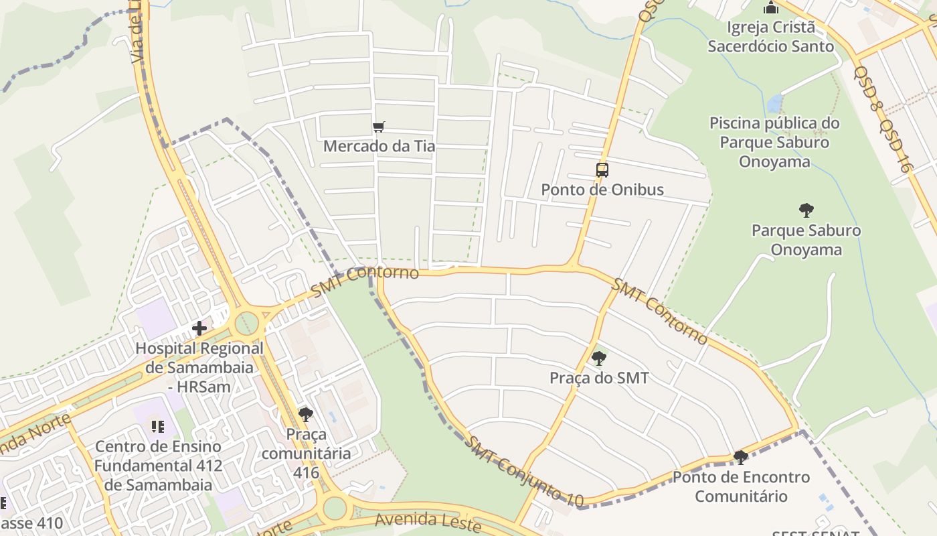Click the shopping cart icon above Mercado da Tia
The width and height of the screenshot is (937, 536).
pyautogui.click(x=379, y=127)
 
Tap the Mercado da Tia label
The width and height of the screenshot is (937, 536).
pyautogui.click(x=379, y=146)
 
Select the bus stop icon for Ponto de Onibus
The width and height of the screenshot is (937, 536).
pyautogui.click(x=602, y=170)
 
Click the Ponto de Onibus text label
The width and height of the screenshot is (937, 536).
pyautogui.click(x=602, y=190)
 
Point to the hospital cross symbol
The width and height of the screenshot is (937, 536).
pyautogui.click(x=199, y=328)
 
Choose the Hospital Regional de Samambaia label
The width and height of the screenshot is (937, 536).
pyautogui.click(x=199, y=367)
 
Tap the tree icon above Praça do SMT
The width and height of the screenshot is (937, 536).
pyautogui.click(x=599, y=358)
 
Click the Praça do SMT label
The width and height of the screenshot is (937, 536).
pyautogui.click(x=599, y=378)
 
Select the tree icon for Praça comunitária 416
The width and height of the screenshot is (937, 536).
pyautogui.click(x=306, y=415)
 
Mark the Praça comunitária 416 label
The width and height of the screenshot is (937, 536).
pyautogui.click(x=306, y=454)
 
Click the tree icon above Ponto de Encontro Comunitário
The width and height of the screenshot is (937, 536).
pyautogui.click(x=740, y=458)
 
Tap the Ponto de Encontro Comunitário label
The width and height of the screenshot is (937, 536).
pyautogui.click(x=741, y=487)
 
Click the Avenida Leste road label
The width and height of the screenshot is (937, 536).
pyautogui.click(x=428, y=521)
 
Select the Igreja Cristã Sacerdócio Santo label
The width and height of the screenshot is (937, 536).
pyautogui.click(x=771, y=37)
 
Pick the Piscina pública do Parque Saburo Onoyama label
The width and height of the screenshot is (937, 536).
pyautogui.click(x=774, y=142)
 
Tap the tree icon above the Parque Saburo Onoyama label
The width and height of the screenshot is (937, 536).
pyautogui.click(x=806, y=210)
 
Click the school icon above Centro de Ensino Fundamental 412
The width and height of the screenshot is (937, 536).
pyautogui.click(x=158, y=426)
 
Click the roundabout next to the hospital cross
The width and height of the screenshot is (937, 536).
pyautogui.click(x=246, y=322)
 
